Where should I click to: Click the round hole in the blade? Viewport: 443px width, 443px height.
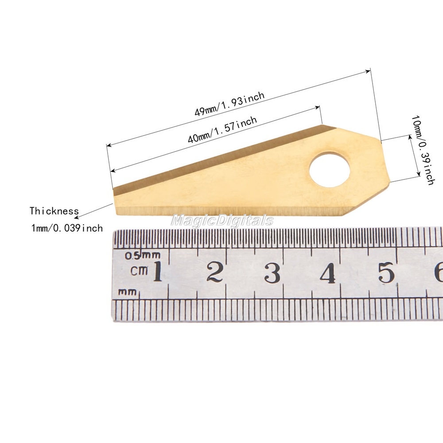[330, 170]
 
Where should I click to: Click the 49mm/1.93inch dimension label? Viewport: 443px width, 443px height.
[229, 104]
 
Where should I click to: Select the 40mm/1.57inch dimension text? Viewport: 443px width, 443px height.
[222, 129]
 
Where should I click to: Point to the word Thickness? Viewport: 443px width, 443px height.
[54, 211]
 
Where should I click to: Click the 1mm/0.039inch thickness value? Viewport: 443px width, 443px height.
[67, 228]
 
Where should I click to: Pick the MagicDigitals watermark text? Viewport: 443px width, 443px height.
[222, 220]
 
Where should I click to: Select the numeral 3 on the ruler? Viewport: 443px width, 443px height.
[272, 272]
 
